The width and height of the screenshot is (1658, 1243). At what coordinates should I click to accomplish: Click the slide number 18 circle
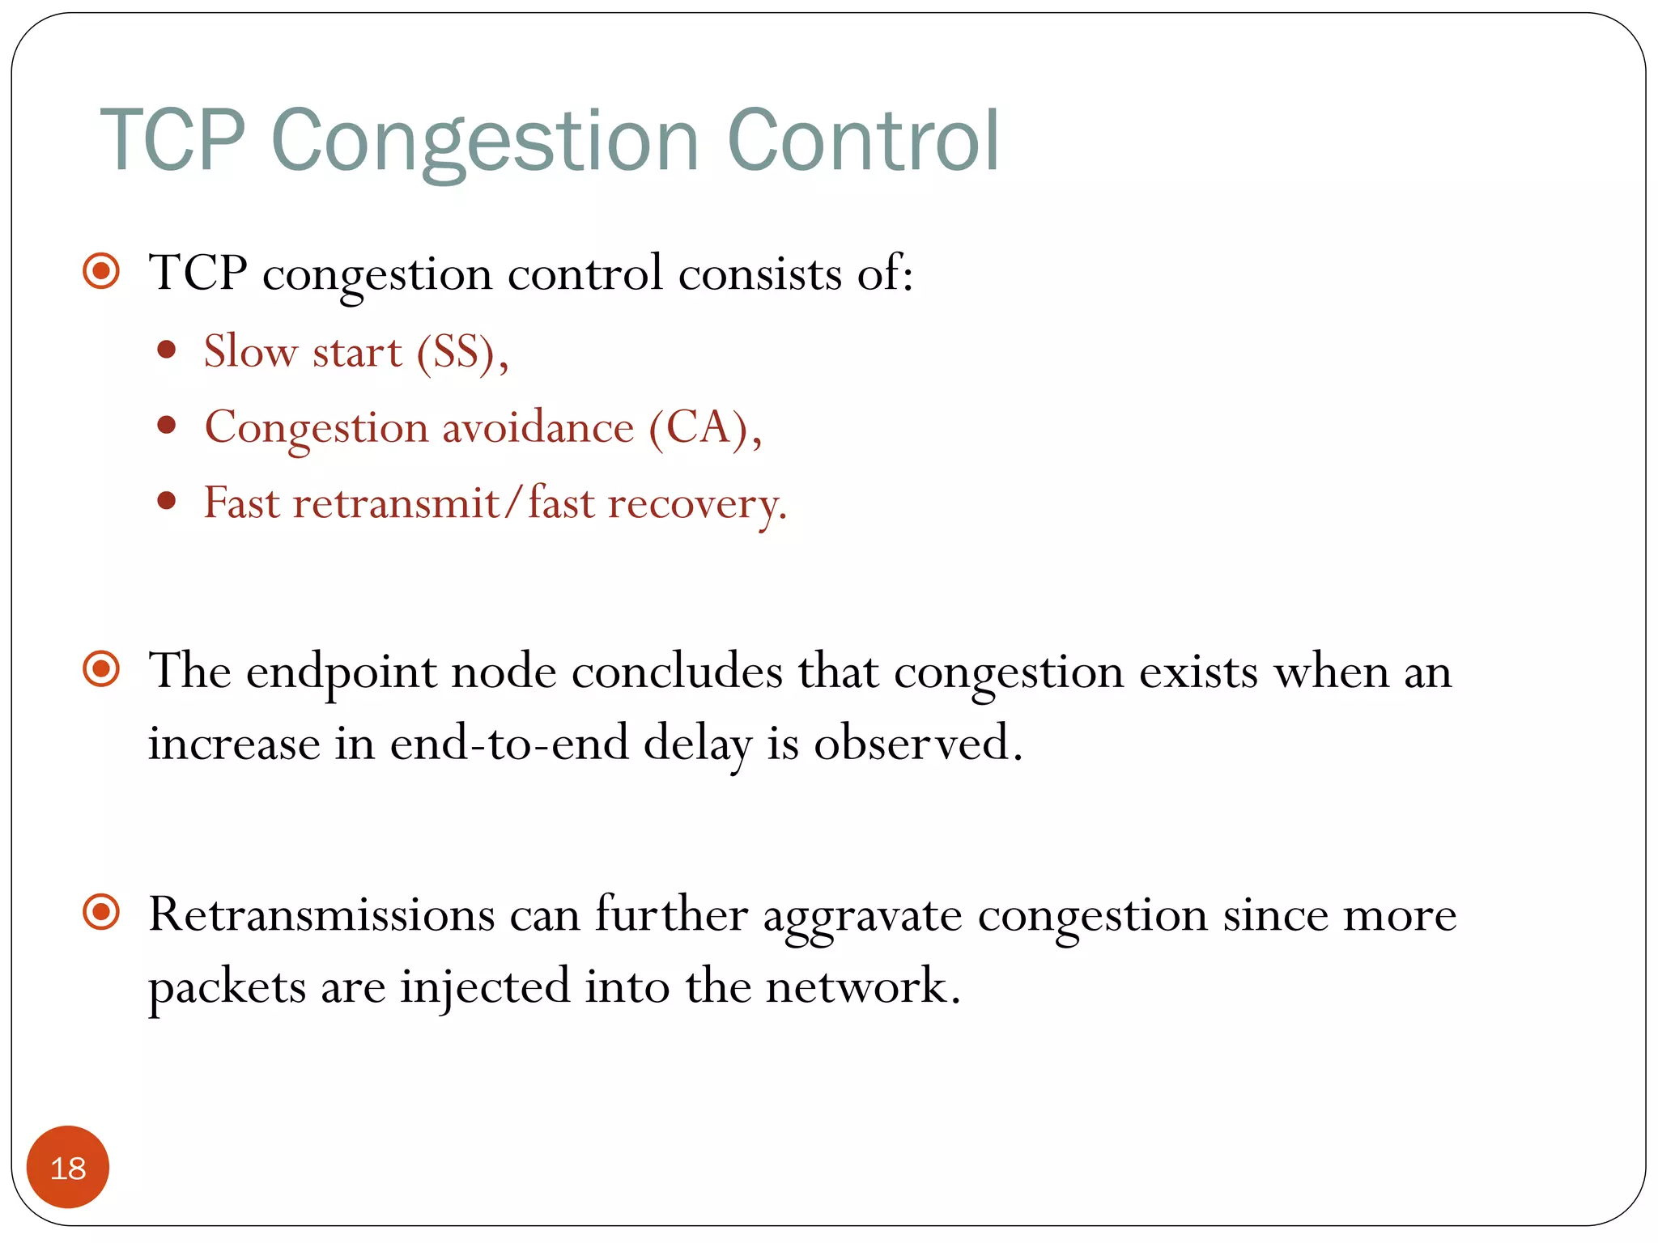tap(68, 1167)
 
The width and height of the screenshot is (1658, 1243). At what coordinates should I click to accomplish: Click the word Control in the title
tap(863, 142)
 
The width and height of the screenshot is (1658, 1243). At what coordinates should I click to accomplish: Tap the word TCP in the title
tap(172, 142)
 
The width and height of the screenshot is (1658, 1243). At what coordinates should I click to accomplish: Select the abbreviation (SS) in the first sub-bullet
tap(461, 352)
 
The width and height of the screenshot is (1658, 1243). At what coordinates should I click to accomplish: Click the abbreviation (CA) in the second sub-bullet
tap(704, 427)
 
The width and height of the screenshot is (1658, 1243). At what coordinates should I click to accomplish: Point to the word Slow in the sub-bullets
tap(250, 352)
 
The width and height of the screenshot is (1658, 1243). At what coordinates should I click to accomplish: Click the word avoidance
tap(538, 427)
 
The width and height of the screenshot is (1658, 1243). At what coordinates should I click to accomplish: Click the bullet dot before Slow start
tap(167, 350)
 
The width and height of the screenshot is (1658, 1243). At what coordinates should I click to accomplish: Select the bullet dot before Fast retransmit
tap(167, 501)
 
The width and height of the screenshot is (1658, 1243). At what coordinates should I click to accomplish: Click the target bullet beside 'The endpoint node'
tap(102, 669)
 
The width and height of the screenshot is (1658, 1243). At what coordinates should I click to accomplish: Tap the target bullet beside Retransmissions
tap(102, 913)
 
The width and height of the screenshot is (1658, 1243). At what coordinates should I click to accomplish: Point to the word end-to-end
tap(509, 743)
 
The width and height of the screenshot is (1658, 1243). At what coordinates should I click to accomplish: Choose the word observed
tap(916, 743)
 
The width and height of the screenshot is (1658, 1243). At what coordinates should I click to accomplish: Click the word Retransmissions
tap(321, 915)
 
